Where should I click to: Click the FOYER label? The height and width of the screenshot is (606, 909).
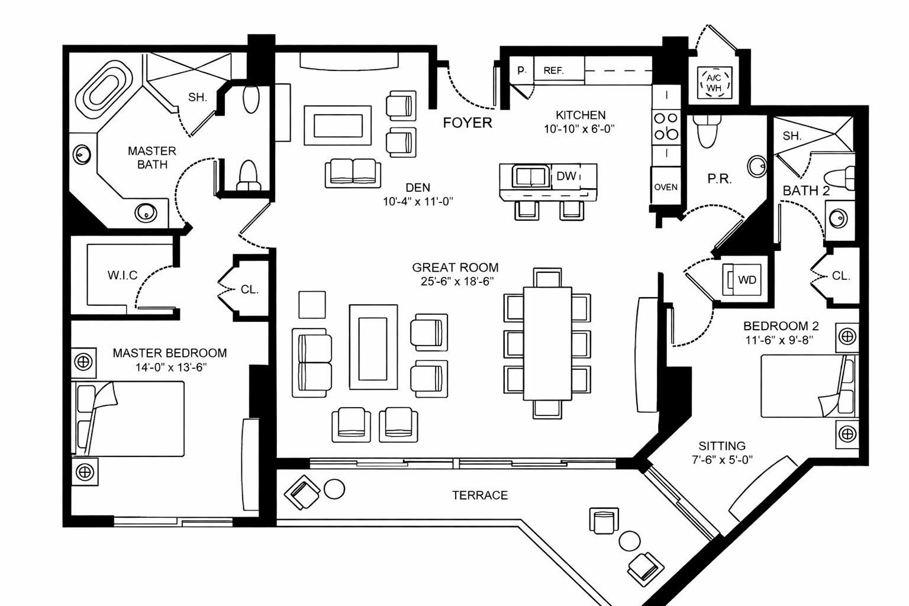[467, 123]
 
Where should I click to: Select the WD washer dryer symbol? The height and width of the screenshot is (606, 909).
[746, 280]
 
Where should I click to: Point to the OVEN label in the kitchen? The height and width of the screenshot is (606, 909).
[666, 187]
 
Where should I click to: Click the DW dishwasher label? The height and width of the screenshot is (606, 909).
[566, 176]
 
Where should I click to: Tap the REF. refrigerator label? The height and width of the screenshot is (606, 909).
[553, 70]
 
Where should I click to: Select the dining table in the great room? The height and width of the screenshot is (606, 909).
[547, 343]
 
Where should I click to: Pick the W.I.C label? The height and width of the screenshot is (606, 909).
[123, 275]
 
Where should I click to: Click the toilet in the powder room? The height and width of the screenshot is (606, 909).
[707, 131]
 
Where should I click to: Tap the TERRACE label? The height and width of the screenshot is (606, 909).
[479, 495]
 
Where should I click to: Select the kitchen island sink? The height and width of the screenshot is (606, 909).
[530, 176]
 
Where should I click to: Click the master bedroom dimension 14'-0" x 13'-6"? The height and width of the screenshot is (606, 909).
[170, 367]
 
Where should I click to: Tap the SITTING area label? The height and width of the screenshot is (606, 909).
[721, 446]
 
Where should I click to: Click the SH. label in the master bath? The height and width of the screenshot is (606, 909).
[197, 97]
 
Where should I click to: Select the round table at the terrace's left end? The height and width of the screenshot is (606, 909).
[334, 489]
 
